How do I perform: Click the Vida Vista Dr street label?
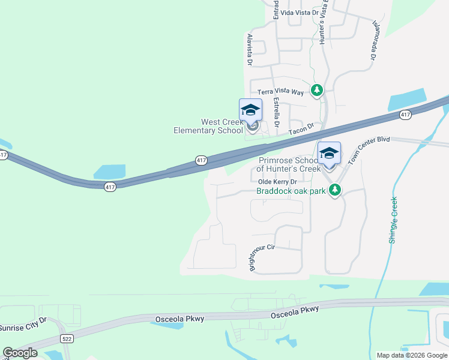tap(298, 12)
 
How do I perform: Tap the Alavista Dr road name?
tap(249, 49)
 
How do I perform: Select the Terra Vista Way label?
tap(281, 92)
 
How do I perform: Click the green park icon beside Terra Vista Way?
tap(317, 91)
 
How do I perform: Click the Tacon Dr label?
tap(301, 129)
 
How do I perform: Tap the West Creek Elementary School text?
tap(208, 126)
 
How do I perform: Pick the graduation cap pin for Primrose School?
tap(329, 154)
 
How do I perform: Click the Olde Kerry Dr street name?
tap(277, 182)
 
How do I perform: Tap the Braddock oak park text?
tap(291, 191)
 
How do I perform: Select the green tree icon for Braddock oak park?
tap(335, 191)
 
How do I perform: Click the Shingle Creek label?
tap(394, 220)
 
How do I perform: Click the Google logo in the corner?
tap(20, 353)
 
